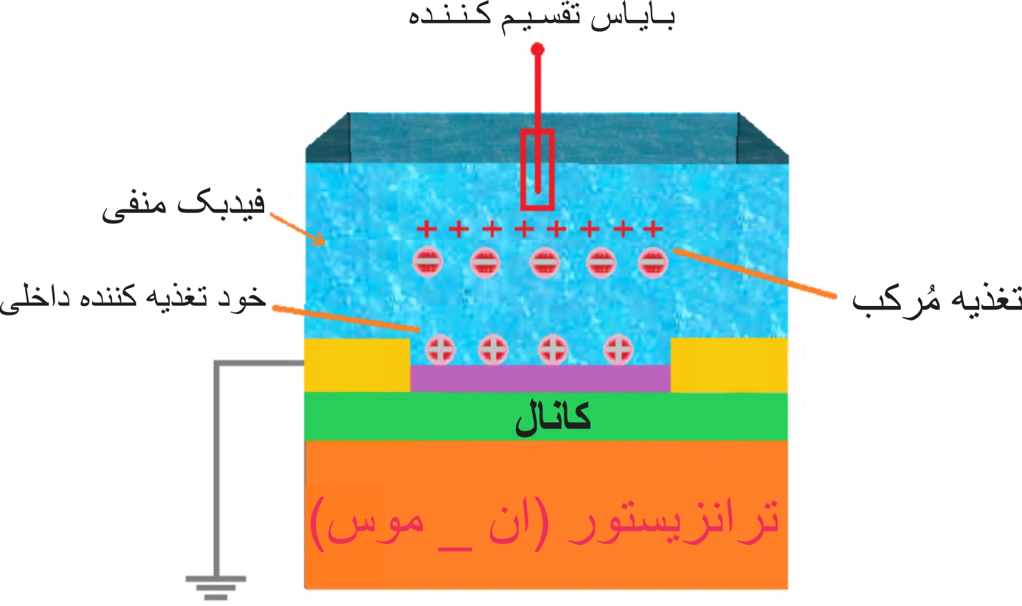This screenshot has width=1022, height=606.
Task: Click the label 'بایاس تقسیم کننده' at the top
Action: (x=540, y=16)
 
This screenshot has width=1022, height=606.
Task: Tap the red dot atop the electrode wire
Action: (x=538, y=49)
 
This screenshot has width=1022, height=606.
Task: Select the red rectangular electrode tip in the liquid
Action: (x=537, y=170)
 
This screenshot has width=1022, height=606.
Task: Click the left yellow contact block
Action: (x=358, y=364)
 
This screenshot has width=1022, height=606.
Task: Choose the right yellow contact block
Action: (x=728, y=364)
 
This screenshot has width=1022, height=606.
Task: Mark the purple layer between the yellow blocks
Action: (x=540, y=378)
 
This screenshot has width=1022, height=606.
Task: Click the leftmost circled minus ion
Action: (x=427, y=261)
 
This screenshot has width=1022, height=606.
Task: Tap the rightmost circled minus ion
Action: (x=652, y=261)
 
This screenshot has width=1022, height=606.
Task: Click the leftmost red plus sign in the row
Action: (x=426, y=229)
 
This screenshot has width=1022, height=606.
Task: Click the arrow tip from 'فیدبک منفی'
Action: (x=323, y=243)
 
